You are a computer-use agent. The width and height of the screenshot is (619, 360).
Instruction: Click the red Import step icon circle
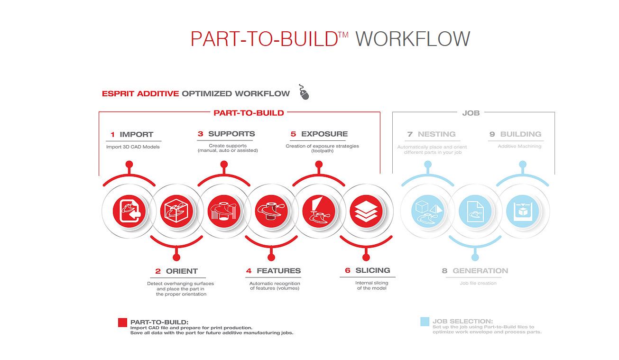[x=129, y=211]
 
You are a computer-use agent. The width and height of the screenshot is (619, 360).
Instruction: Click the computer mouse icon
[x=304, y=92]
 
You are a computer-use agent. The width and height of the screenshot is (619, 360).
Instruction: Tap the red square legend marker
[x=122, y=323]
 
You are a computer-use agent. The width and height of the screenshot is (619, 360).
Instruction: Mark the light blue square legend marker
[x=425, y=322]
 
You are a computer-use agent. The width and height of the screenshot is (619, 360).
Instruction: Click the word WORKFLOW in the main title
[x=413, y=38]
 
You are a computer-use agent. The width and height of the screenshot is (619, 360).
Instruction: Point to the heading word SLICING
[x=373, y=270]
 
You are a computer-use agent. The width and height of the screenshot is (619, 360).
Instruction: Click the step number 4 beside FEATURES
[x=249, y=271]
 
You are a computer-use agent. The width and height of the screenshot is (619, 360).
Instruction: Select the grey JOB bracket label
[x=471, y=113]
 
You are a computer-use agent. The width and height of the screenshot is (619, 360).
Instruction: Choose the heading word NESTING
[x=436, y=134]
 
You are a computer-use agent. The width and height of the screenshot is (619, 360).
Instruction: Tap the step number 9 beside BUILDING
[x=492, y=134]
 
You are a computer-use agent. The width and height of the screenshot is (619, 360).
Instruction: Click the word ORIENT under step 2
[x=182, y=271]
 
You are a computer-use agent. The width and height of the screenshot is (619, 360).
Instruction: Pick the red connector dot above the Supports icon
[x=224, y=165]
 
